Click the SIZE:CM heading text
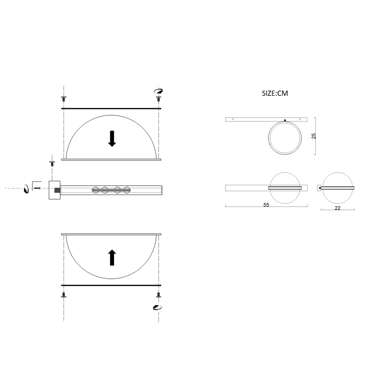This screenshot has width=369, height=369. pyautogui.click(x=275, y=93)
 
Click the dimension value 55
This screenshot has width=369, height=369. pyautogui.click(x=266, y=205)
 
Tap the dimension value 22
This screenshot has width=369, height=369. pyautogui.click(x=338, y=208)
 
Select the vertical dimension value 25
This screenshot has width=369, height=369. pyautogui.click(x=314, y=136)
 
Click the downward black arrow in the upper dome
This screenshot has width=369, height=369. pyautogui.click(x=112, y=139)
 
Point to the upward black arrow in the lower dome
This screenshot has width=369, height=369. pyautogui.click(x=112, y=257)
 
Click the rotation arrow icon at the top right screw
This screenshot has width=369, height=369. pyautogui.click(x=158, y=91)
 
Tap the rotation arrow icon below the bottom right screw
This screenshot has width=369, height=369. pyautogui.click(x=158, y=307)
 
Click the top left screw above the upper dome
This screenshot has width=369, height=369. pyautogui.click(x=64, y=99)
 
